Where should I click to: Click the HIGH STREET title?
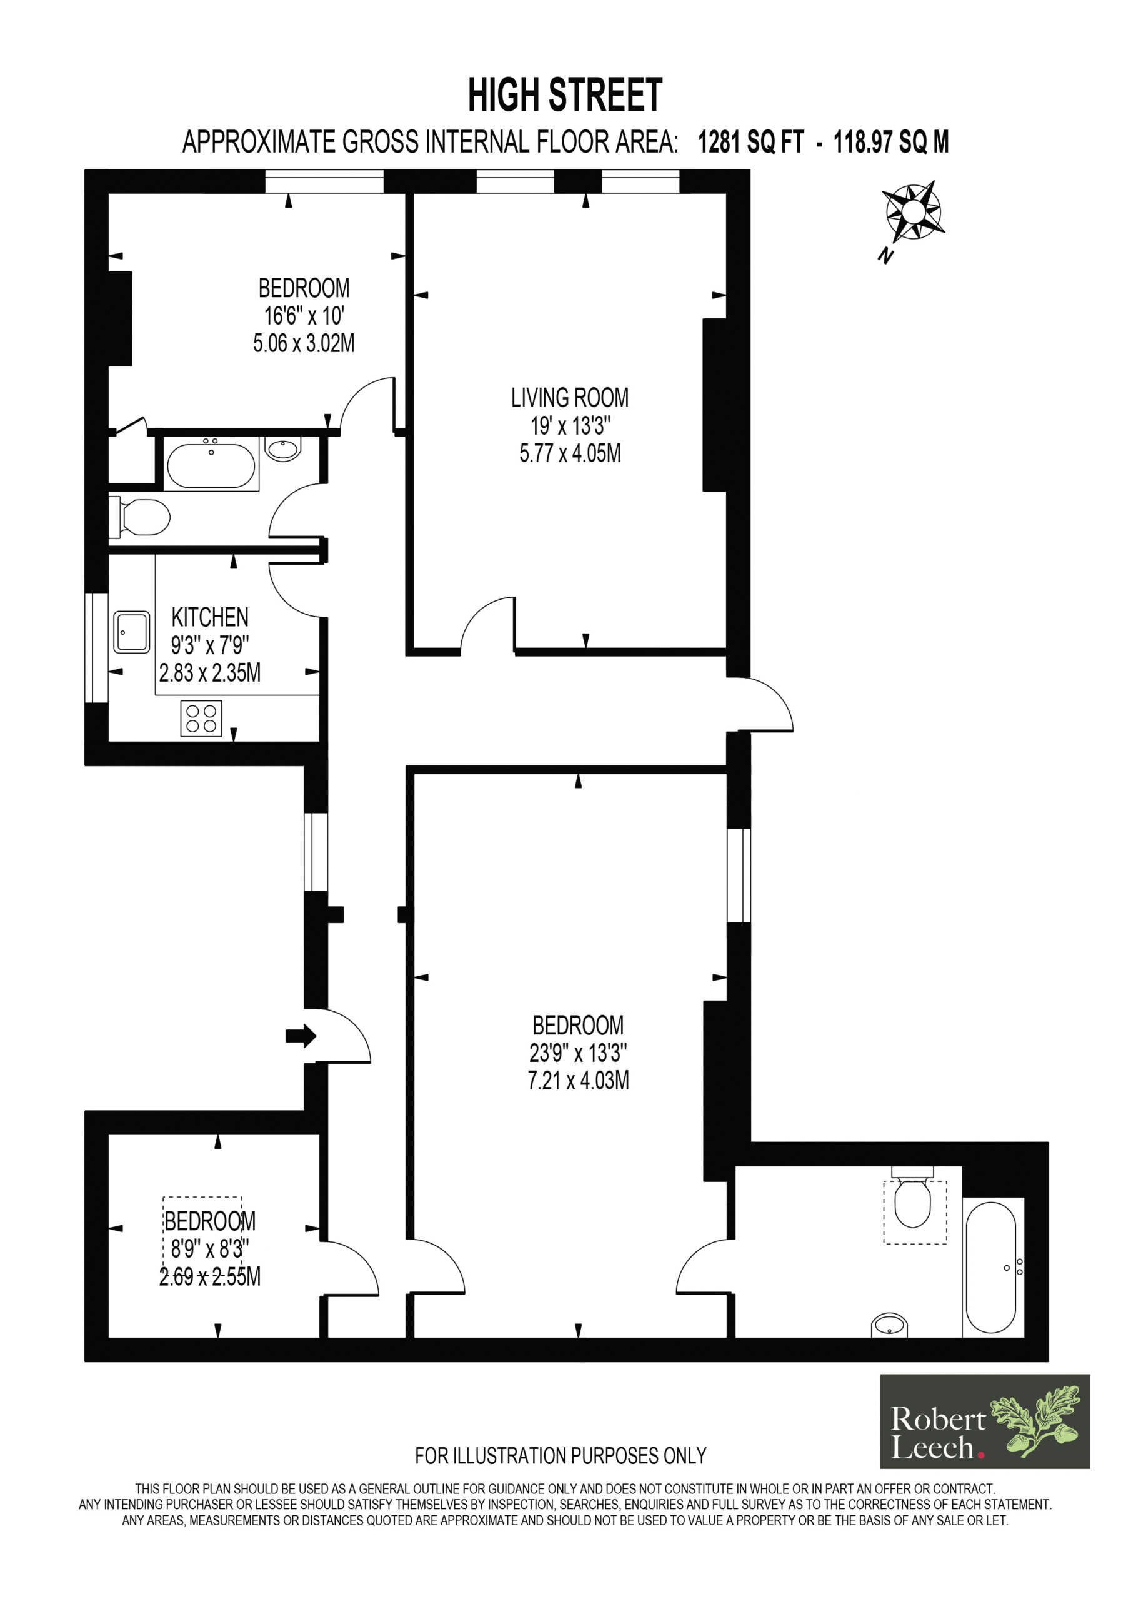[x=564, y=96]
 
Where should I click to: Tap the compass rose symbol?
[x=913, y=211]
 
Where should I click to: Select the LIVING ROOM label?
[x=569, y=398]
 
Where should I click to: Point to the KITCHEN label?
[x=210, y=617]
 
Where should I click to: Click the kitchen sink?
[x=131, y=632]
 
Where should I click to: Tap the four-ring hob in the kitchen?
[x=201, y=718]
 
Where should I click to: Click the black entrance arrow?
[x=301, y=1036]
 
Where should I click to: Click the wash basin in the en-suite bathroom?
[x=889, y=1324]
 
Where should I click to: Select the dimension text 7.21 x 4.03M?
[x=578, y=1081]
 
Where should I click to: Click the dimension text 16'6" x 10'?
[x=304, y=316]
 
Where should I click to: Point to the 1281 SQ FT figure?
[x=751, y=142]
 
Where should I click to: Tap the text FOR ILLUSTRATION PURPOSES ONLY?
[x=561, y=1456]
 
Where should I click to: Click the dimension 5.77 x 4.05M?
[x=569, y=453]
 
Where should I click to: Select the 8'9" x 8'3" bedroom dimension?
[x=210, y=1249]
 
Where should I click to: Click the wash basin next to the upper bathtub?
[x=283, y=450]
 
